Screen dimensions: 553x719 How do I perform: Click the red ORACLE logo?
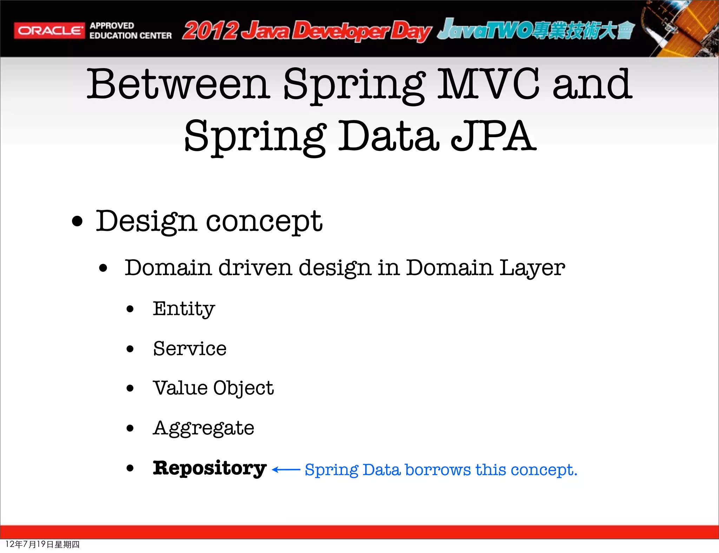[49, 31]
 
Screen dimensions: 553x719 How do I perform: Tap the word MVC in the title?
[488, 84]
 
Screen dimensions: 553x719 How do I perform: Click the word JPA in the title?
[493, 136]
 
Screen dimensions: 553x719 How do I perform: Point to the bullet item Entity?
[184, 309]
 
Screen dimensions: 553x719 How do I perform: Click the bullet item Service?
[190, 349]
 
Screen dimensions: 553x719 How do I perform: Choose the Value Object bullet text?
[213, 388]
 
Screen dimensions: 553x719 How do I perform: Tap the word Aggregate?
[203, 428]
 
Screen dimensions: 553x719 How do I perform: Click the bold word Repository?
[210, 468]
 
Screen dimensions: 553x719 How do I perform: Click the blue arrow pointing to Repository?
[286, 470]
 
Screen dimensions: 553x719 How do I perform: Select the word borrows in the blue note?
[438, 470]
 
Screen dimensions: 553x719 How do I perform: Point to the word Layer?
[532, 268]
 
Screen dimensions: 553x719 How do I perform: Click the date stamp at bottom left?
[42, 544]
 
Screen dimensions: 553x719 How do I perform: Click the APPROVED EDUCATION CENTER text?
[130, 31]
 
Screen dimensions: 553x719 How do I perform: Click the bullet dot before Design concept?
[77, 222]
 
